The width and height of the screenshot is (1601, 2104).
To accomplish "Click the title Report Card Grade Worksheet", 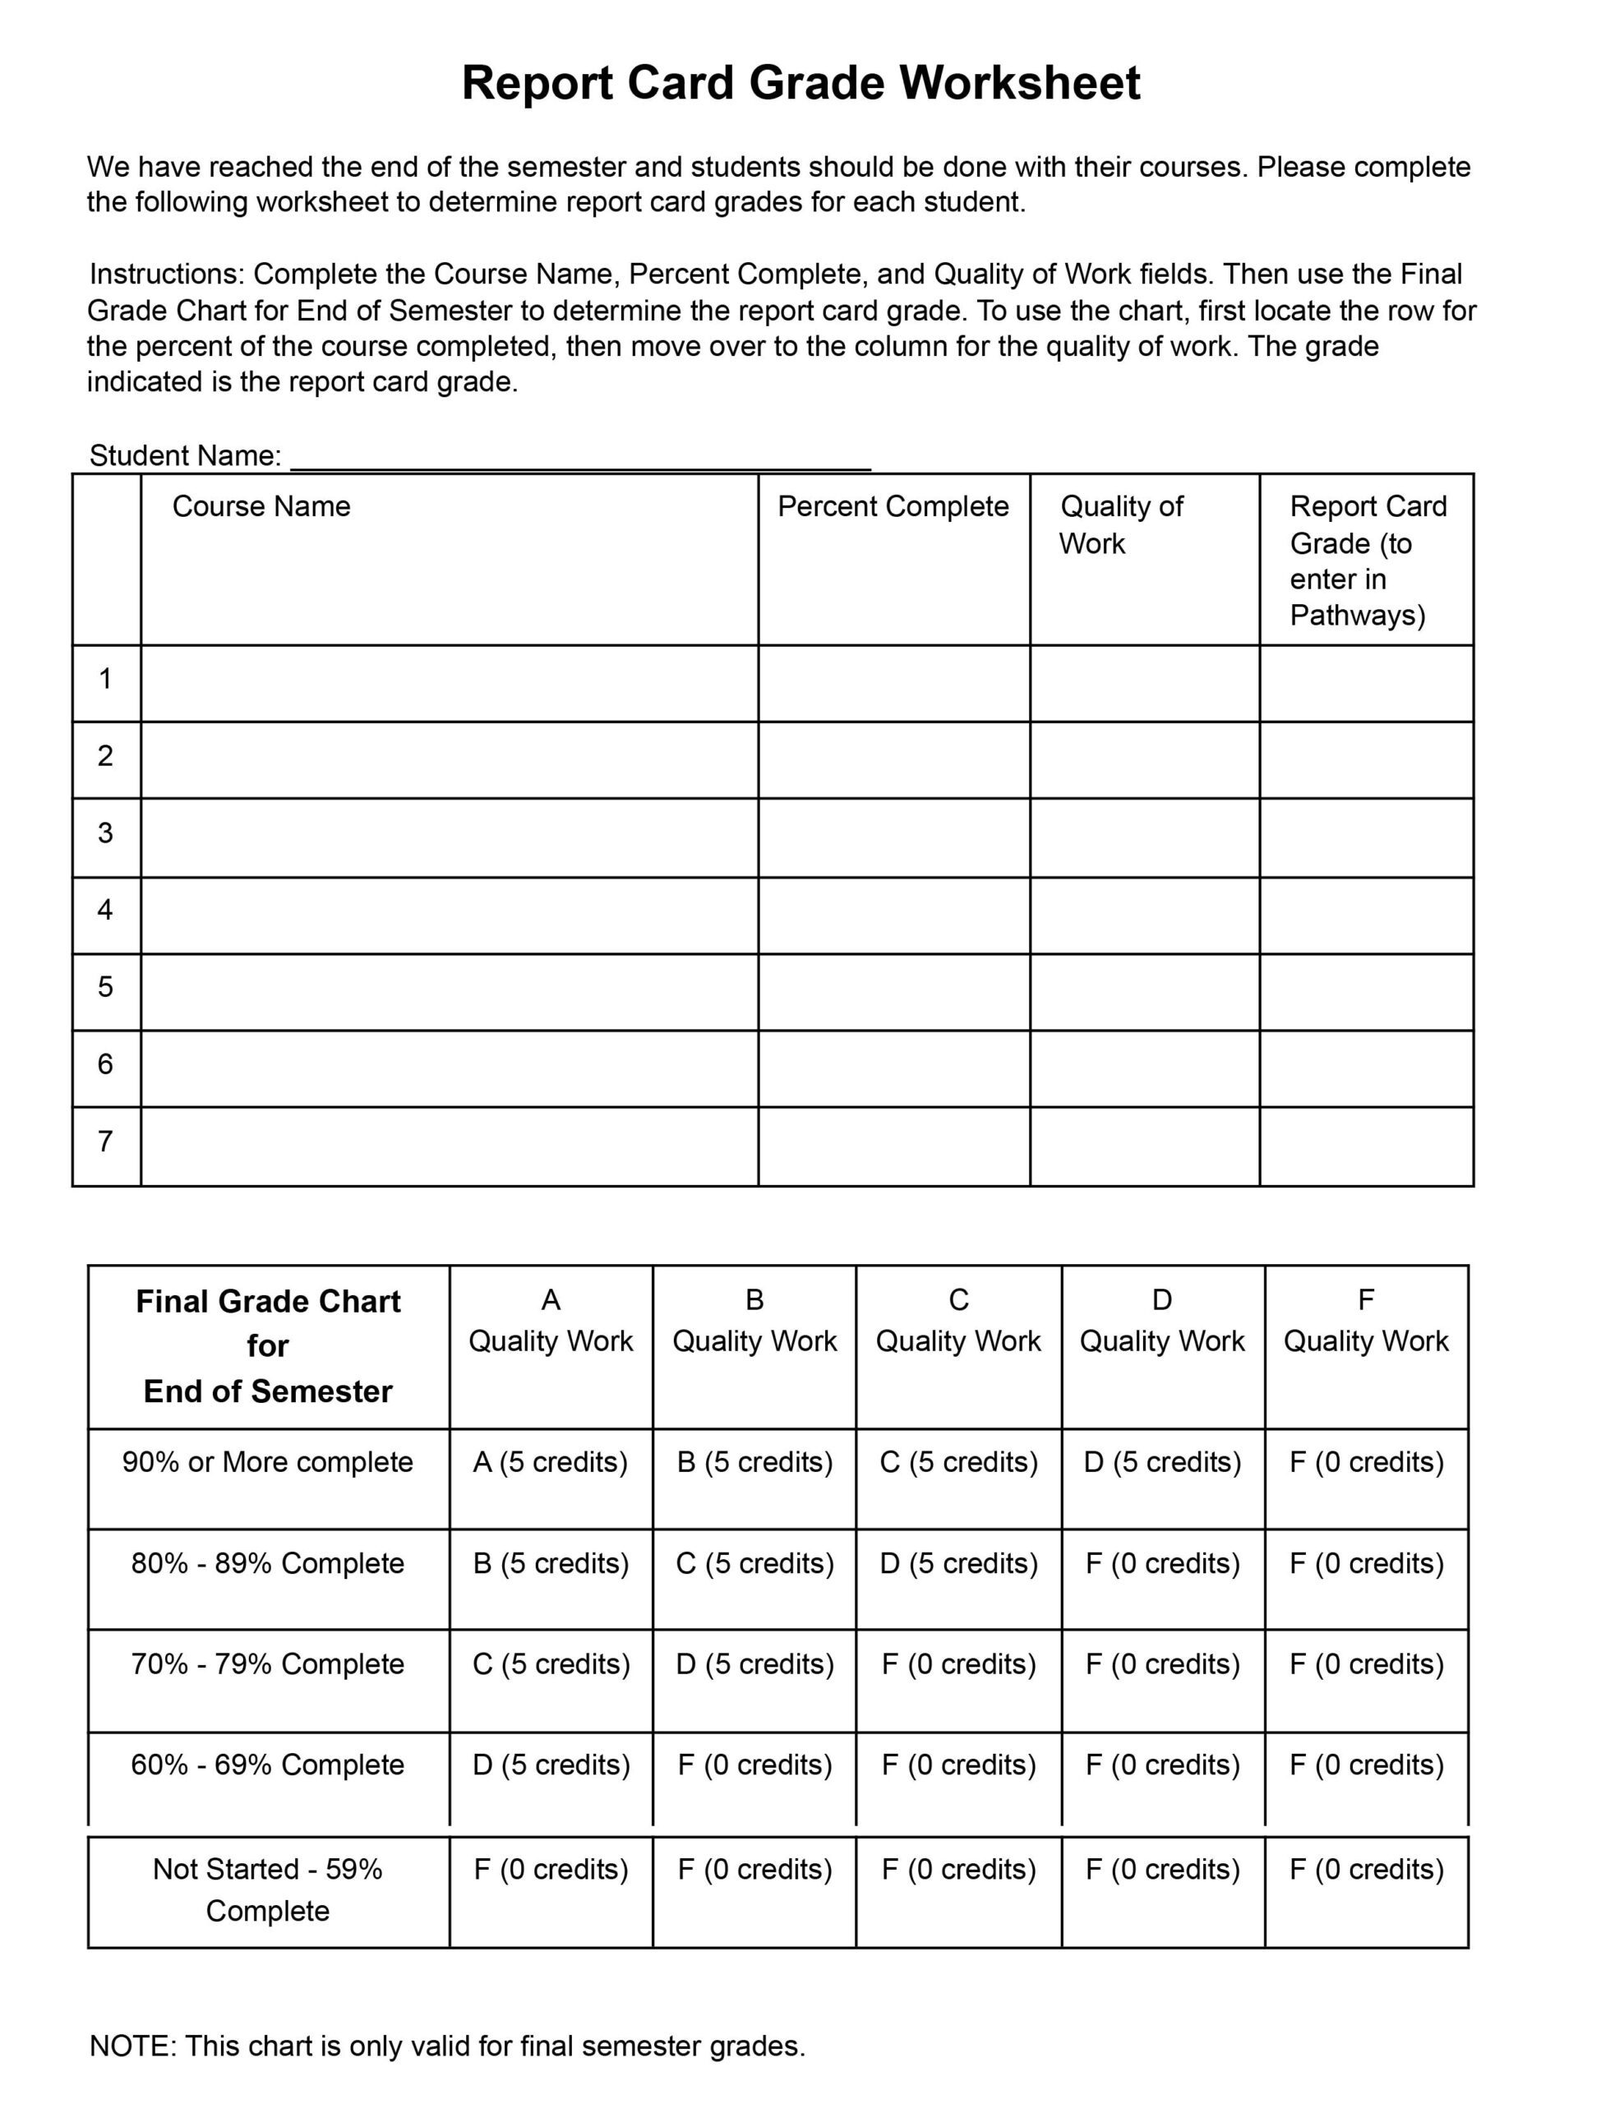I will click(800, 83).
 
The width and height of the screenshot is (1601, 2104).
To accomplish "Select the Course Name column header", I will click(261, 507).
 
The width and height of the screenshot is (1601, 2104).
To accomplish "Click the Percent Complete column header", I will click(893, 507).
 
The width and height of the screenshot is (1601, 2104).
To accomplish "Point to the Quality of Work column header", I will click(1121, 525).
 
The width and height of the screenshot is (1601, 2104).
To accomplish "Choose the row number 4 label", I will click(105, 910).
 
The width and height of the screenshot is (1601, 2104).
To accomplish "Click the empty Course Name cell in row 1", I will click(449, 681).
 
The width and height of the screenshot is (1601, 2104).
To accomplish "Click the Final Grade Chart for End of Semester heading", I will click(268, 1345).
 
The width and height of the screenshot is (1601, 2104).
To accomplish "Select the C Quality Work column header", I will click(957, 1321).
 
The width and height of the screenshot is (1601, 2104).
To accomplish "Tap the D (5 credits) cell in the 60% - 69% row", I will click(551, 1765).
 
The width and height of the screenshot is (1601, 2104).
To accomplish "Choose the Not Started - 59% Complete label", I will click(268, 1889).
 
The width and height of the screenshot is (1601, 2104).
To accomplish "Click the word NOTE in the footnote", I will click(131, 2046).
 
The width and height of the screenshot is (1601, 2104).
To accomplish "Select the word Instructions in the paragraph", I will click(167, 275).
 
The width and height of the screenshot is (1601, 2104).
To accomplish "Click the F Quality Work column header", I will click(1366, 1321).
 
